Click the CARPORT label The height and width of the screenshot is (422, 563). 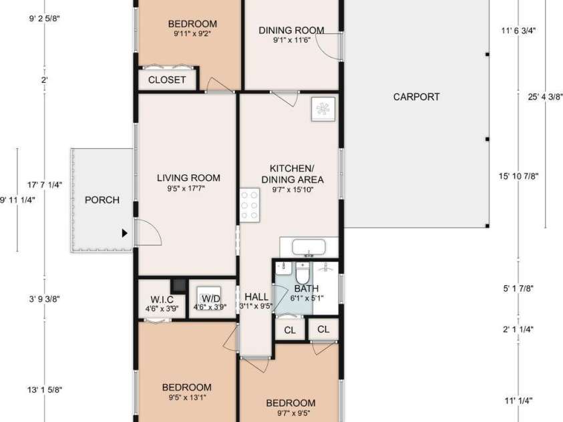coord(416,97)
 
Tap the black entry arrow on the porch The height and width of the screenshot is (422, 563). coord(124,233)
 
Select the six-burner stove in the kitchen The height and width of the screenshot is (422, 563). coord(250,206)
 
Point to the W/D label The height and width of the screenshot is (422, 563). coord(210,297)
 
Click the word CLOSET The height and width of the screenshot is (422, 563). coord(167,80)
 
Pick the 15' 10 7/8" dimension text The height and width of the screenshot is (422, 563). coord(518,176)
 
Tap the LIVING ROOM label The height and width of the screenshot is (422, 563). coord(188,178)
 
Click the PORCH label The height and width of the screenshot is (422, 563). coord(102,200)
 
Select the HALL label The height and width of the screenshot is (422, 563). coord(256,296)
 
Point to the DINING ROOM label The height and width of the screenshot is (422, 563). coord(291,30)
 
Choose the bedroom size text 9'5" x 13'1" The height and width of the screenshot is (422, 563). coord(187,399)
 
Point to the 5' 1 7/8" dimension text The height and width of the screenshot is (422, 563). coord(518,288)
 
